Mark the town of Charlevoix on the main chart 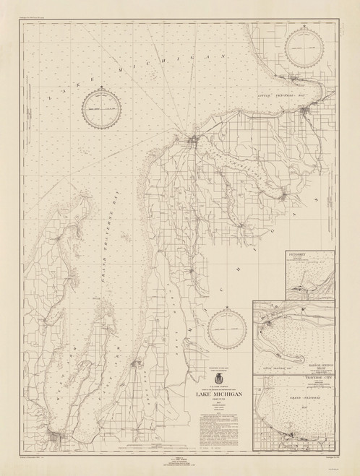(x=194, y=139)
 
